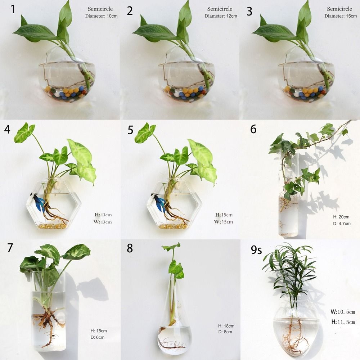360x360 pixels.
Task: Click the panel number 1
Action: pos(13,9)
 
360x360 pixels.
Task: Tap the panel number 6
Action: pos(253,129)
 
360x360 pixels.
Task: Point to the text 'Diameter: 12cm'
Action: pos(221,16)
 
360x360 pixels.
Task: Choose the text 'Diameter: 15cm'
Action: pos(341,16)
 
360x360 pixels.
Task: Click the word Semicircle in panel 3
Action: pos(339,9)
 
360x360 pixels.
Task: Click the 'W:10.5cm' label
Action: pos(343,312)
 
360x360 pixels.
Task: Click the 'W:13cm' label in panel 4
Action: pos(103,222)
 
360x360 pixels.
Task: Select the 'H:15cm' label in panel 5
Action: pos(224,215)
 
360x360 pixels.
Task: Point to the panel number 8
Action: pos(130,248)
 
